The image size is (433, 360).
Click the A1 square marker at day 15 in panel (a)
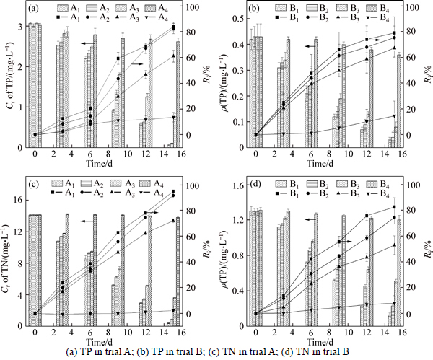click(x=173, y=28)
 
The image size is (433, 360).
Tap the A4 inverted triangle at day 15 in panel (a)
click(x=173, y=116)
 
